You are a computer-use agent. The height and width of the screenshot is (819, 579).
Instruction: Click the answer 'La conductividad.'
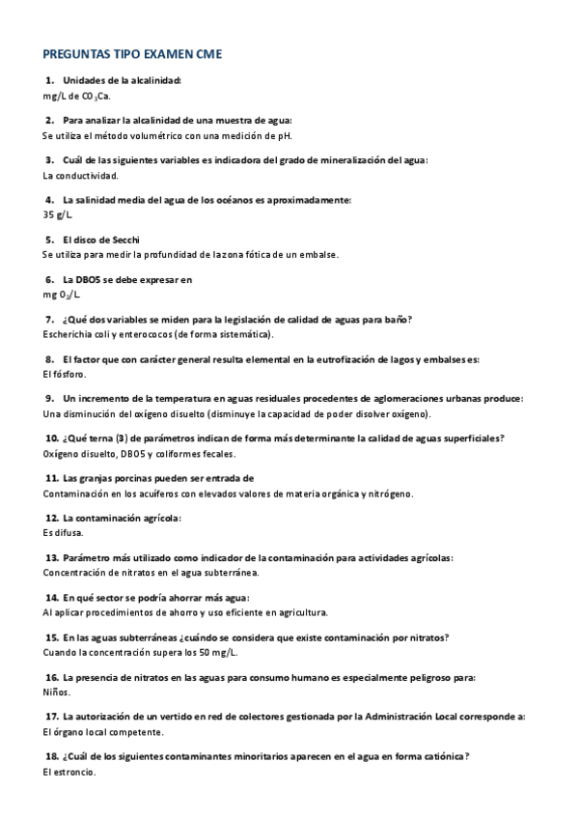(81, 176)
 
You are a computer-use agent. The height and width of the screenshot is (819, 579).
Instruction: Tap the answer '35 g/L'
(59, 215)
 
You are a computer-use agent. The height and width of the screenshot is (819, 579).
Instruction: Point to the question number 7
(49, 320)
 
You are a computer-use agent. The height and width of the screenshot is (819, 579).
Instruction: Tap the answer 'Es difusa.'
(64, 532)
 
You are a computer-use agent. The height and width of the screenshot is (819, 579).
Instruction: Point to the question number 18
(52, 756)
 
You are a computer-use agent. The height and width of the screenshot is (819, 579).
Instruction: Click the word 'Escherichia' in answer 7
(69, 334)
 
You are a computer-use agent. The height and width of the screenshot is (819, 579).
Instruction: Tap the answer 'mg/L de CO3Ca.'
(77, 97)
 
